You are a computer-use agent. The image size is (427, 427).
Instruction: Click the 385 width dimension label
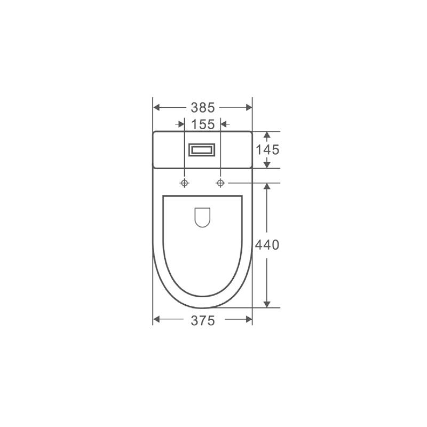click(203, 108)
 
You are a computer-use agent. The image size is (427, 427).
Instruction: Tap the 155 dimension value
click(203, 124)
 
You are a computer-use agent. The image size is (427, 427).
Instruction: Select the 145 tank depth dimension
click(267, 150)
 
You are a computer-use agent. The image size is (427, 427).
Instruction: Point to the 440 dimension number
click(267, 245)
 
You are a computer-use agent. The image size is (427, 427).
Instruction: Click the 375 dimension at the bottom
click(203, 321)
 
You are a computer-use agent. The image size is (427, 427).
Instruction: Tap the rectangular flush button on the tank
click(202, 150)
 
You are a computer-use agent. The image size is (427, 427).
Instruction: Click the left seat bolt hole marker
click(185, 183)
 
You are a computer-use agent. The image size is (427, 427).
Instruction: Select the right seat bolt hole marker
click(220, 183)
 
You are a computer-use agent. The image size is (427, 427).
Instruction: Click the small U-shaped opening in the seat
click(202, 217)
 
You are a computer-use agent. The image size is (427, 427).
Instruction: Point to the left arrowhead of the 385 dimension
click(156, 107)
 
